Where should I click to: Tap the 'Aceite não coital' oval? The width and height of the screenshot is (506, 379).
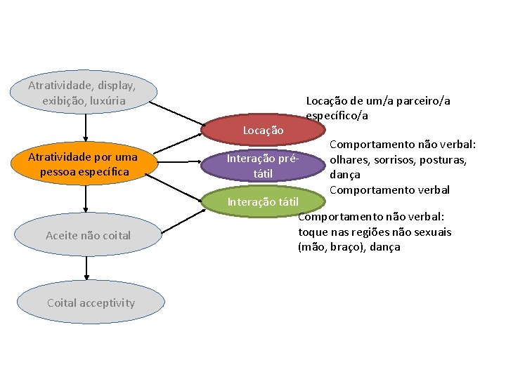(88, 235)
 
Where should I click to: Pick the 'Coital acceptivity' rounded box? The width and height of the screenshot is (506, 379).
(91, 302)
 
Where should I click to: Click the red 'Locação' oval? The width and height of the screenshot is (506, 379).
(263, 130)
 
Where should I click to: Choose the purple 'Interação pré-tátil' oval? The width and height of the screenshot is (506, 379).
(263, 166)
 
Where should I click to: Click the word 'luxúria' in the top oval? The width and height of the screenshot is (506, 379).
(107, 100)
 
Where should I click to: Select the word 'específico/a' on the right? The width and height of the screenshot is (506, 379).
(337, 116)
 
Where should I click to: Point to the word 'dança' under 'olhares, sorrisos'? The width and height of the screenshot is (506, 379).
(344, 175)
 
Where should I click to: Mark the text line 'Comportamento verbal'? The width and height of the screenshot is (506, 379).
(389, 189)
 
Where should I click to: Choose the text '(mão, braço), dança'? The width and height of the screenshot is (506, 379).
(349, 247)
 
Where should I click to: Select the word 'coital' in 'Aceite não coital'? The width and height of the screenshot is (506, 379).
(115, 235)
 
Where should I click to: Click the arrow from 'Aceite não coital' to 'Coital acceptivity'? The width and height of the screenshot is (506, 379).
(87, 268)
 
